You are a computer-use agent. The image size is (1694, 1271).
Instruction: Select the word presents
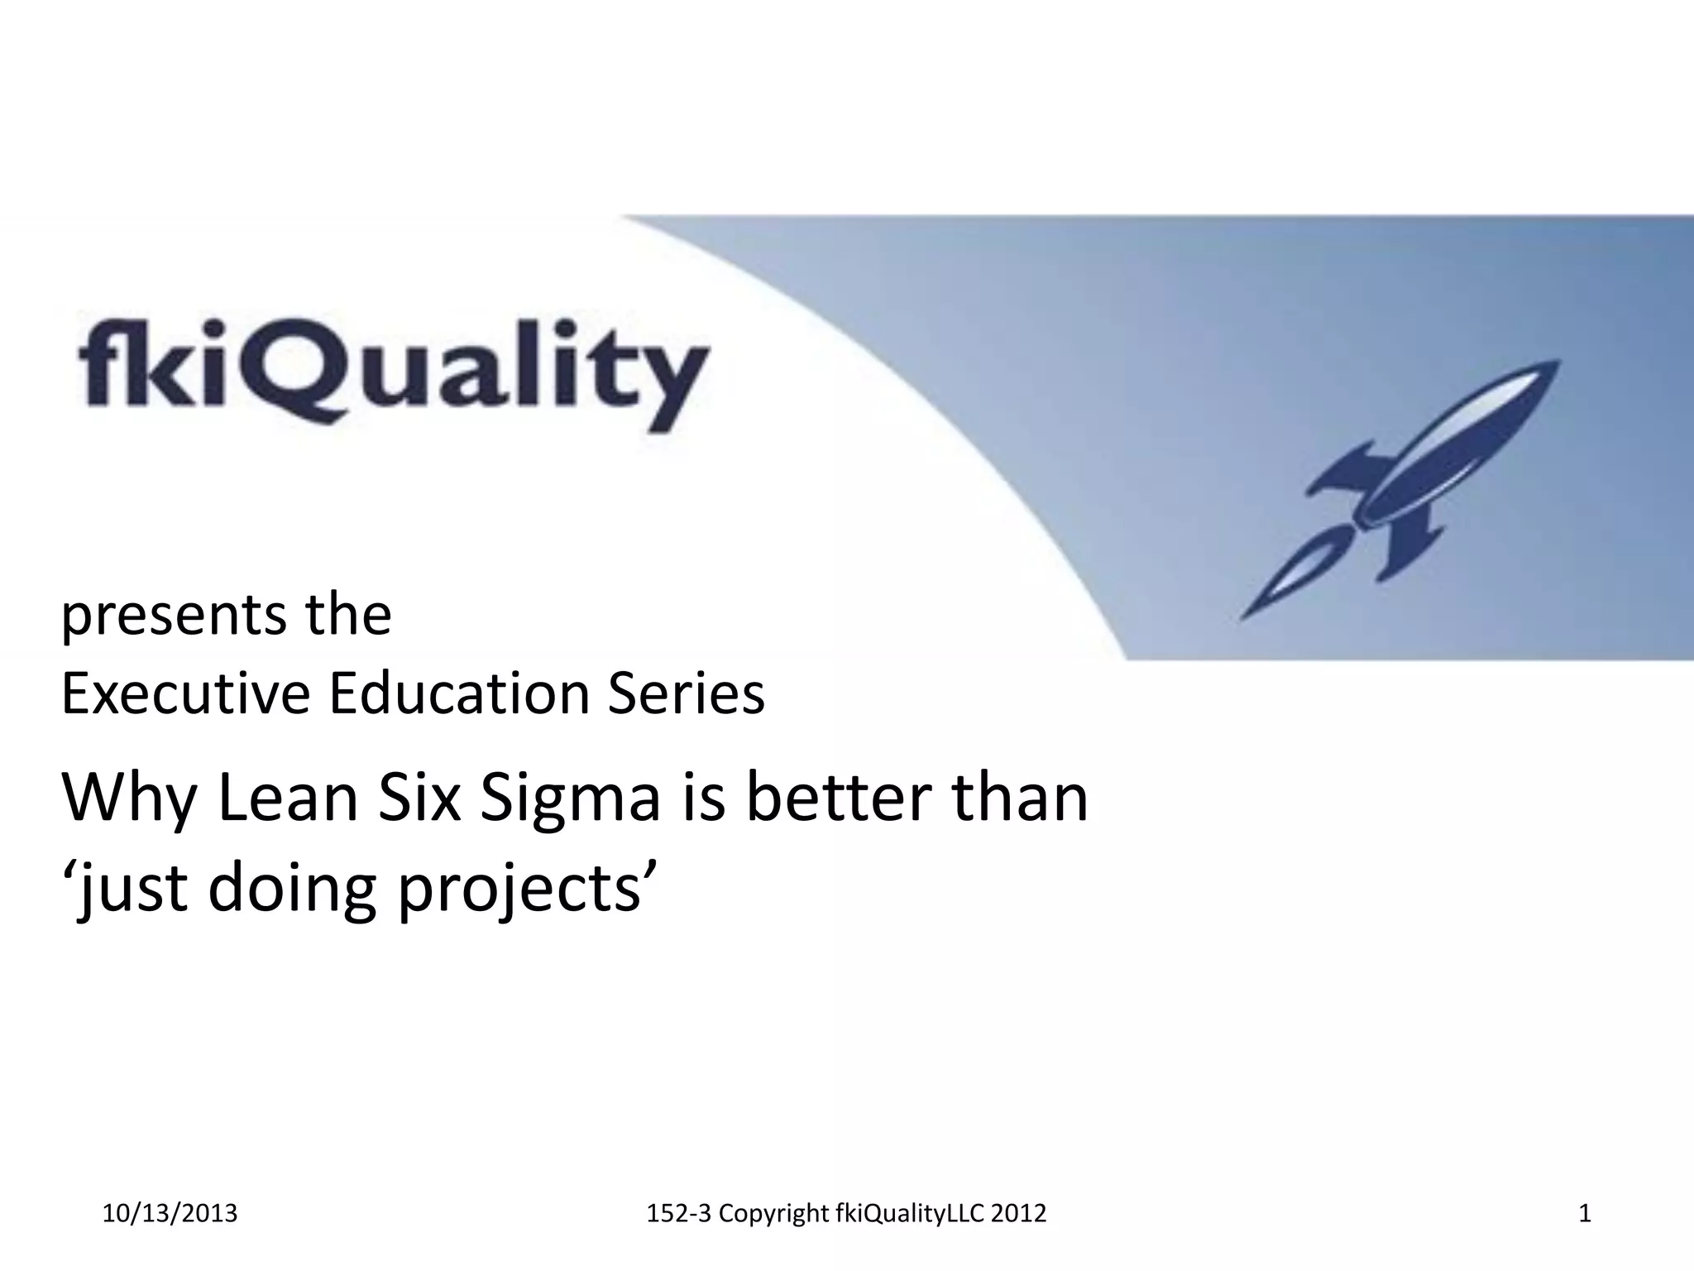(x=170, y=616)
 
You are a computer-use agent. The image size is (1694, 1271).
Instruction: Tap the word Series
(x=686, y=693)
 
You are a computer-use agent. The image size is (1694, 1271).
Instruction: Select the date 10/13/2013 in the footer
(x=170, y=1214)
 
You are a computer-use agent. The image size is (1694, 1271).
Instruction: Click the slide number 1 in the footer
(x=1585, y=1214)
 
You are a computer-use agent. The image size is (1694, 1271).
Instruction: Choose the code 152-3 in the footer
(x=678, y=1214)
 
